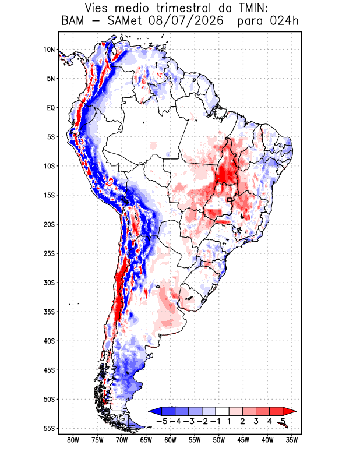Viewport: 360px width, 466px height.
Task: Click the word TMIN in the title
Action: [x=253, y=8]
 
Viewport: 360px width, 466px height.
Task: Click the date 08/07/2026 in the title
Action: [x=186, y=21]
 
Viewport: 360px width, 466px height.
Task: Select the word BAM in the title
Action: [x=73, y=21]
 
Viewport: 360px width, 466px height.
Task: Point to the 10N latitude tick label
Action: [x=50, y=50]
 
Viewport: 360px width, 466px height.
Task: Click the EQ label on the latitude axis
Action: [x=51, y=108]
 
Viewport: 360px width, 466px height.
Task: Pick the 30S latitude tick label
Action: [x=50, y=283]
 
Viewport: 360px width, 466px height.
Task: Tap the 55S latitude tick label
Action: [x=50, y=429]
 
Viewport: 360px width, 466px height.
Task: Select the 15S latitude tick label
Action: [x=50, y=195]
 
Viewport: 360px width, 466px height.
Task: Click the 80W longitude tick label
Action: [x=73, y=440]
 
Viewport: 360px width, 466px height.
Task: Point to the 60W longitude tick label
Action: [x=170, y=440]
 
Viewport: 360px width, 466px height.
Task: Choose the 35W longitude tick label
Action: [x=292, y=440]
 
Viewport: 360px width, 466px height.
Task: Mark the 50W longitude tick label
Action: [x=219, y=440]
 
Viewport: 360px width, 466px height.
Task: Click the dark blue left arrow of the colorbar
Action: [x=155, y=411]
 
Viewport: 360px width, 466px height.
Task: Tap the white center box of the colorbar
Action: [x=223, y=411]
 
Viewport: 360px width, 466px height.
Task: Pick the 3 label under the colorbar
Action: [x=256, y=421]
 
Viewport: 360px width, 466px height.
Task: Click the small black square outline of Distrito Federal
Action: [x=229, y=200]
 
